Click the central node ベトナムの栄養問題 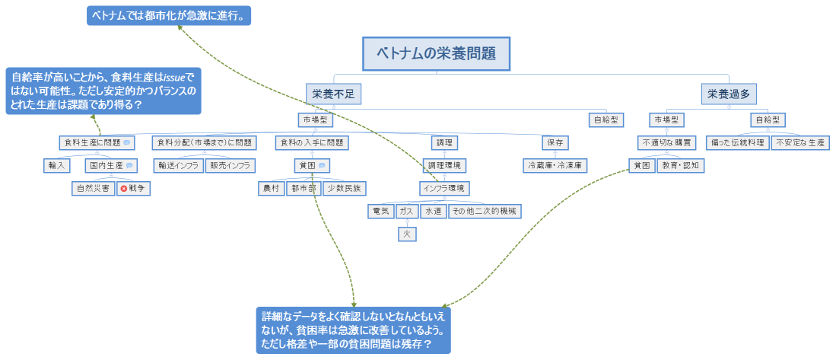[436, 54]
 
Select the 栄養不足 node [332, 94]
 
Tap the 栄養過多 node [728, 94]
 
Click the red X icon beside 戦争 [124, 187]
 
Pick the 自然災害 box [92, 187]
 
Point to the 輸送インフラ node [178, 164]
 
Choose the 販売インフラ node [230, 164]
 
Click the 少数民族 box [345, 187]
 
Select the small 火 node [407, 234]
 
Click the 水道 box [433, 211]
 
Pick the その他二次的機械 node [485, 211]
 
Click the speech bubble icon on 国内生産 [130, 164]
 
